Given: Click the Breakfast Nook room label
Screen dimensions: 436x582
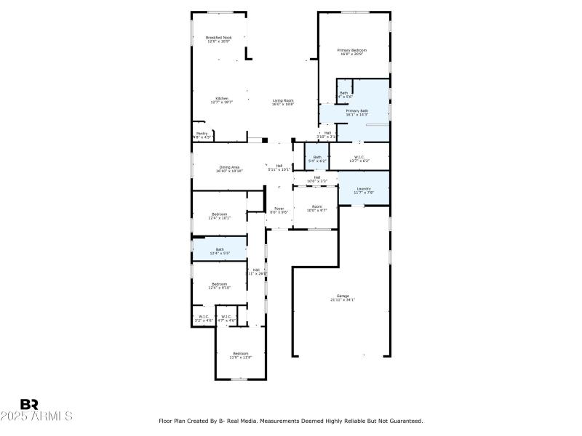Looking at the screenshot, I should pyautogui.click(x=218, y=39).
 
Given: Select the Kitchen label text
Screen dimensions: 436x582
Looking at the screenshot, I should pyautogui.click(x=221, y=100).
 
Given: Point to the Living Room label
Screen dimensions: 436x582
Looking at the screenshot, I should pyautogui.click(x=282, y=102).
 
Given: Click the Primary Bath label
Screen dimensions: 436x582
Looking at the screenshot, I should pyautogui.click(x=356, y=113).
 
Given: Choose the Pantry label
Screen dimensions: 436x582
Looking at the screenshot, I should pyautogui.click(x=202, y=134).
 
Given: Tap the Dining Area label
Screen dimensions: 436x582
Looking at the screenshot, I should pyautogui.click(x=230, y=169).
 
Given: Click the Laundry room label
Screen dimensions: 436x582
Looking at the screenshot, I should pyautogui.click(x=363, y=190).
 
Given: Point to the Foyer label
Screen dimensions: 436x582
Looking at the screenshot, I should pyautogui.click(x=279, y=210).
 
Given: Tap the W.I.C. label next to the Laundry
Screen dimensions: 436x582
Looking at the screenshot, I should pyautogui.click(x=359, y=158).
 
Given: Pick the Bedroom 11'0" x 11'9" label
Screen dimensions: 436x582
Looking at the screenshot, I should pyautogui.click(x=240, y=355).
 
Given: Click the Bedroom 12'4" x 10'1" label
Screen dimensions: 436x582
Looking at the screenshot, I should pyautogui.click(x=219, y=216).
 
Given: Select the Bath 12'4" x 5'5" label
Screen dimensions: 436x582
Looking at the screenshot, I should pyautogui.click(x=219, y=251).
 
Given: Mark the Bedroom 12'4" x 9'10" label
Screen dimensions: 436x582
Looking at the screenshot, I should pyautogui.click(x=219, y=286).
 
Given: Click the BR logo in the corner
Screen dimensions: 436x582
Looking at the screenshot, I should pyautogui.click(x=29, y=404).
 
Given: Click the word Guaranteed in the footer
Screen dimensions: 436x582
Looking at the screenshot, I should pyautogui.click(x=406, y=421).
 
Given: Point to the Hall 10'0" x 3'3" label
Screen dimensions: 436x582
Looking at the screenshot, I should pyautogui.click(x=317, y=179).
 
